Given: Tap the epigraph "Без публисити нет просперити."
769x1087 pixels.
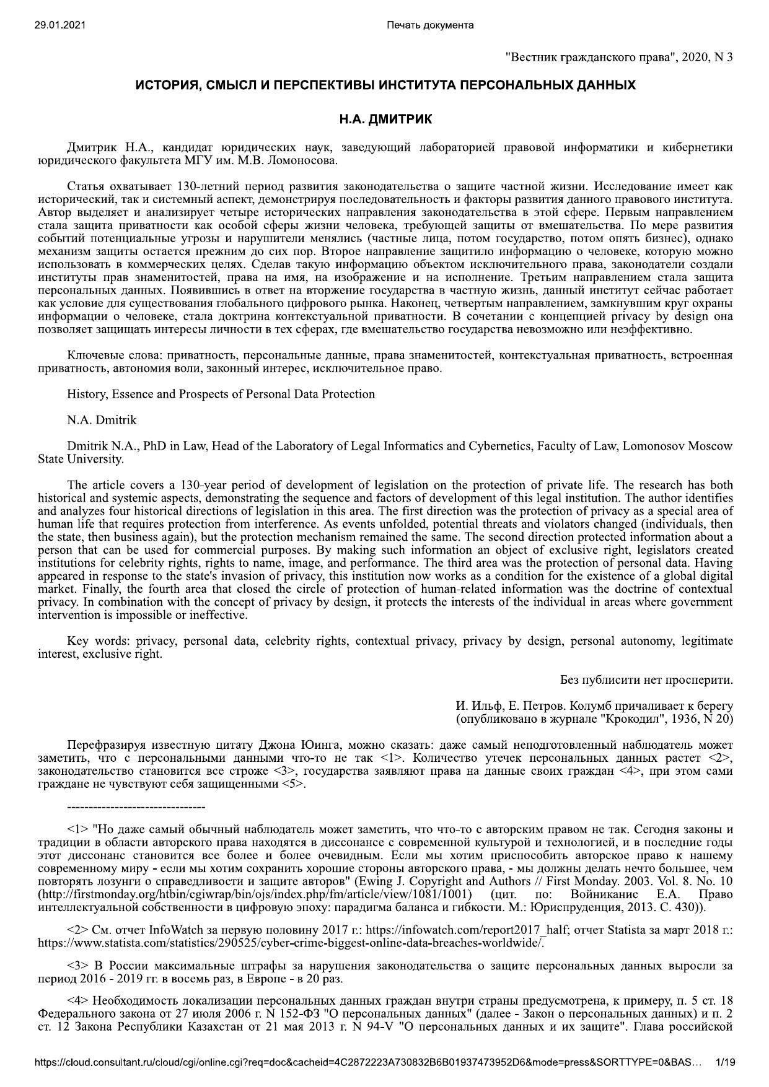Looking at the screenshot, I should pos(646,679).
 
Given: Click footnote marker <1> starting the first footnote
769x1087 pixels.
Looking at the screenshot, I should pos(77,829).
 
